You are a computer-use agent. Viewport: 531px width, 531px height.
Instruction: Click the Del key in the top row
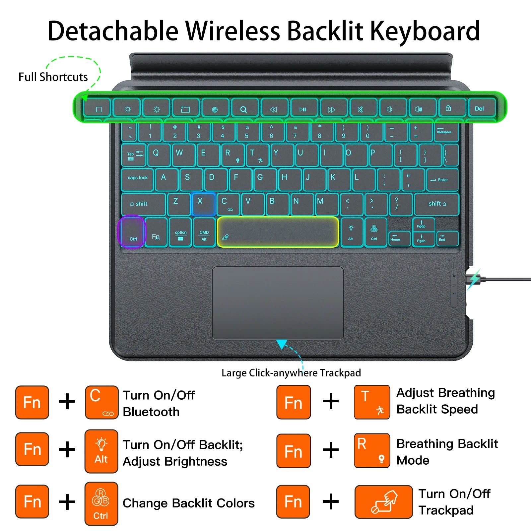click(x=480, y=108)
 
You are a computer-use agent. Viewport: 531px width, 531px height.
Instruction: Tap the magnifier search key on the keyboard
click(x=243, y=109)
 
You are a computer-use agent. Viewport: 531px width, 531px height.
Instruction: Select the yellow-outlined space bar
click(x=278, y=232)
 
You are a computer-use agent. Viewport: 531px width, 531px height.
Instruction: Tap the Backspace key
click(x=445, y=131)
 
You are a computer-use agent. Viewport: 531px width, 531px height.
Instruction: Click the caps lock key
click(x=138, y=179)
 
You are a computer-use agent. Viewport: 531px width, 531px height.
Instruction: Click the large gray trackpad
click(x=278, y=302)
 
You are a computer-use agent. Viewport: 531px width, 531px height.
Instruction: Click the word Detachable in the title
click(x=113, y=31)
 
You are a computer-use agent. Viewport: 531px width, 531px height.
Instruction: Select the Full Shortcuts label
click(x=53, y=77)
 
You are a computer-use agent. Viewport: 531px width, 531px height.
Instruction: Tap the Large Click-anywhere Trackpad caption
click(x=291, y=373)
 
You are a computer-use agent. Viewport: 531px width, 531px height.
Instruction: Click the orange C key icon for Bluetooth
click(x=101, y=402)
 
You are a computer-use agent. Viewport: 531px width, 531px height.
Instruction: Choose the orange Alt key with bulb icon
click(x=101, y=451)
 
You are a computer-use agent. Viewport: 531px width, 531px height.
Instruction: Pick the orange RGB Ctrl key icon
click(x=101, y=503)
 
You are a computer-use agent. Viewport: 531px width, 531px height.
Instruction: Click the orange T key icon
click(x=371, y=402)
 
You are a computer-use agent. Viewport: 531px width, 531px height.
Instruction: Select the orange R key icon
click(x=371, y=450)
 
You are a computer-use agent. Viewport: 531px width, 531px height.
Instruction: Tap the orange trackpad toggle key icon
click(x=383, y=501)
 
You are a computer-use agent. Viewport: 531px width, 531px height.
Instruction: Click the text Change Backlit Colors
click(x=188, y=503)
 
